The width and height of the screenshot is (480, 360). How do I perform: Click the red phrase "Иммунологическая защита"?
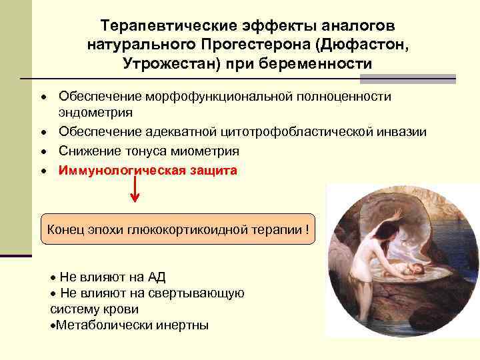[147, 170]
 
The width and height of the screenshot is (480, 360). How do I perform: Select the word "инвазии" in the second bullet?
[403, 131]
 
